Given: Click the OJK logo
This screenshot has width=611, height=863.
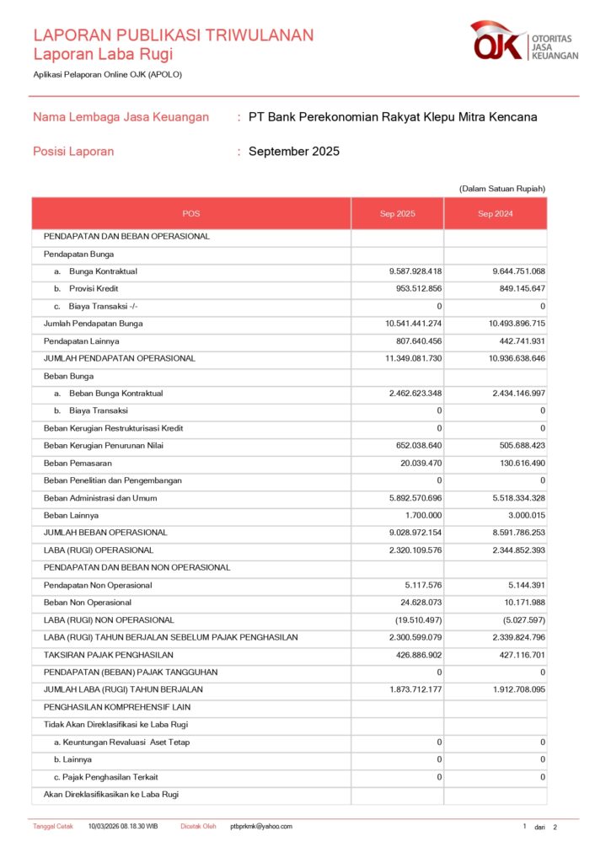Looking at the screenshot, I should (x=524, y=42).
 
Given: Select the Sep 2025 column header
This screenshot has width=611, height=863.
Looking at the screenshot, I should (x=397, y=214).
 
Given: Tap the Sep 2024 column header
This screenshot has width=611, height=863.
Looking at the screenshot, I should (x=496, y=214).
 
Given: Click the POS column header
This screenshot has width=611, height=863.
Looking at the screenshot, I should (x=191, y=214).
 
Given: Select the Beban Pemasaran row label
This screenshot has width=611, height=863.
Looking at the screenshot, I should (x=78, y=463).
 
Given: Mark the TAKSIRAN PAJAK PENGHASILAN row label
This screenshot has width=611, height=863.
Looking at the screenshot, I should (x=108, y=655).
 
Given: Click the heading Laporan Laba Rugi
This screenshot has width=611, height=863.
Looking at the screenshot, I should (x=103, y=55).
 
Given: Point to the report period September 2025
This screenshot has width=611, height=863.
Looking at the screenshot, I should (x=294, y=152).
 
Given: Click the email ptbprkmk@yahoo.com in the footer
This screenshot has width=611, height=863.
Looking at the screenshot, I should (x=261, y=827).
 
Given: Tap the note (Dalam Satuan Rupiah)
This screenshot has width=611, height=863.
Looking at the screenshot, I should (x=502, y=188).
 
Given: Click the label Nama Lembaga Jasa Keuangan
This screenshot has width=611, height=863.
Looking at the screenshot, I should (x=121, y=117).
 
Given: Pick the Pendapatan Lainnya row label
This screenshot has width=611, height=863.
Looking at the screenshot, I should (x=81, y=340).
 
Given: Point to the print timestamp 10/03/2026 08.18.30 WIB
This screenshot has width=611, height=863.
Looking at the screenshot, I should (x=123, y=827).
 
